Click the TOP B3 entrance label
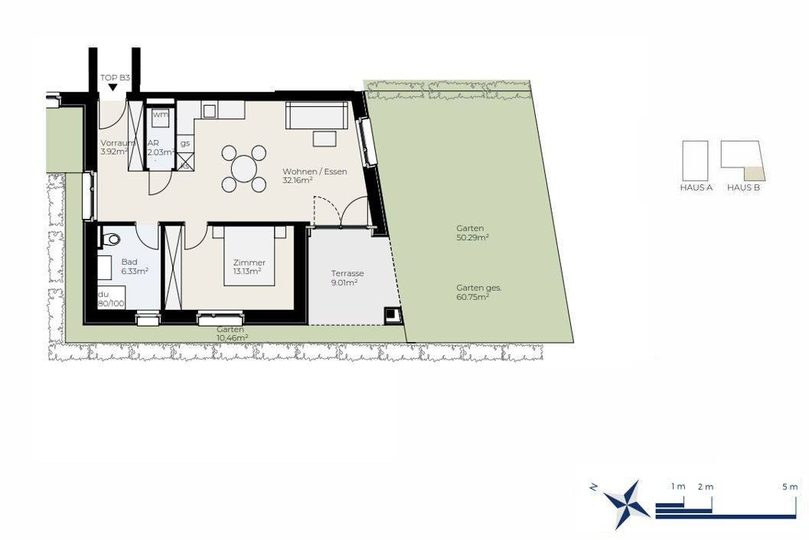pyautogui.click(x=115, y=78)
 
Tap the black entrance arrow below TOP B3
pyautogui.click(x=113, y=88)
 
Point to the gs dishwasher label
pyautogui.click(x=185, y=143)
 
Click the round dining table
pyautogui.click(x=244, y=168)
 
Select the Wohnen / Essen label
pyautogui.click(x=315, y=175)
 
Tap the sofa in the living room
pyautogui.click(x=317, y=115)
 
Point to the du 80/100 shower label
pyautogui.click(x=111, y=299)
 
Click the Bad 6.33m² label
pyautogui.click(x=135, y=267)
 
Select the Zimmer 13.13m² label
pyautogui.click(x=249, y=267)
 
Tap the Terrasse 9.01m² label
pyautogui.click(x=347, y=278)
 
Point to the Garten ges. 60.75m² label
pyautogui.click(x=478, y=292)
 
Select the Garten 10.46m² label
pyautogui.click(x=232, y=333)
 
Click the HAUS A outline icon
pyautogui.click(x=695, y=161)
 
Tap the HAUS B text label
pyautogui.click(x=743, y=187)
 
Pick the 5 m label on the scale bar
pyautogui.click(x=790, y=487)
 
